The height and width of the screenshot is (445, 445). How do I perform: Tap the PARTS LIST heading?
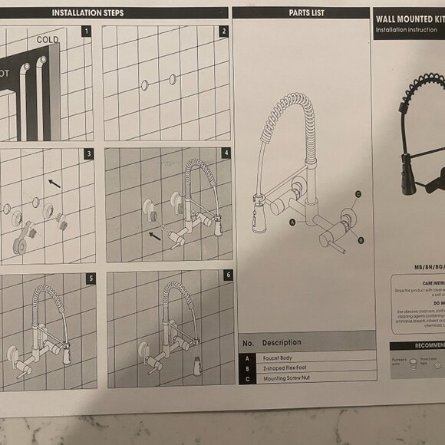tap(306, 13)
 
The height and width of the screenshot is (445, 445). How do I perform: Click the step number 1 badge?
tap(87, 31)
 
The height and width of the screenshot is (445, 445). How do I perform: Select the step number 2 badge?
tap(223, 31)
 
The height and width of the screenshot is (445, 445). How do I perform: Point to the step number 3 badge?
tap(89, 154)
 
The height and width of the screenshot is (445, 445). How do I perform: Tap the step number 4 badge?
tap(226, 153)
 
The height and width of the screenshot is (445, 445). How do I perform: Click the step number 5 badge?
tap(91, 278)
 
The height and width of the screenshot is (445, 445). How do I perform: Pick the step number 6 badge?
tap(227, 275)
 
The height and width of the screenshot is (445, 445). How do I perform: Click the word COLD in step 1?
tap(47, 39)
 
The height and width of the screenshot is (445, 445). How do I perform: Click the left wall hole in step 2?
tap(144, 84)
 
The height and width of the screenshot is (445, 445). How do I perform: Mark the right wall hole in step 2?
tap(172, 78)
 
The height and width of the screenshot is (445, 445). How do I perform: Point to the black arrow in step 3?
tap(53, 183)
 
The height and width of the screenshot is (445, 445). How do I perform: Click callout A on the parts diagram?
tap(292, 222)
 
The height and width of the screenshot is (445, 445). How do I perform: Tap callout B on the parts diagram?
tap(361, 240)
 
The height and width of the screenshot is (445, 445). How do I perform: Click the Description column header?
tap(282, 342)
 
